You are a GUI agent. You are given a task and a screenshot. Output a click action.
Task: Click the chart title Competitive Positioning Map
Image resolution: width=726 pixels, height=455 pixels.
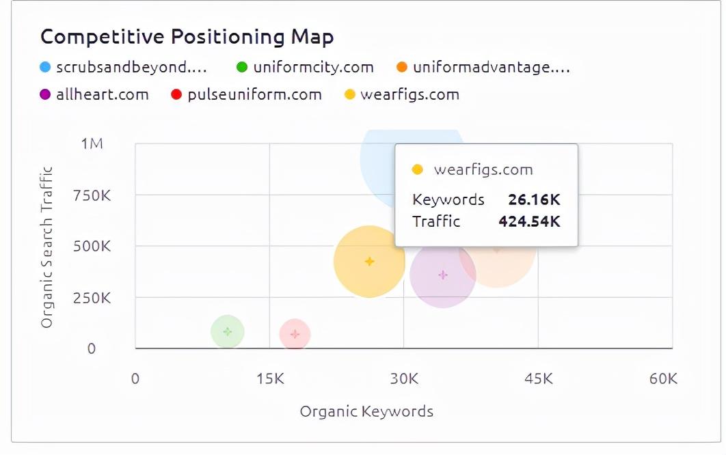pyautogui.click(x=187, y=36)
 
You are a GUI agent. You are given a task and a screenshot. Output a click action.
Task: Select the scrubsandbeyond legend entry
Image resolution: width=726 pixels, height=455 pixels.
pyautogui.click(x=123, y=67)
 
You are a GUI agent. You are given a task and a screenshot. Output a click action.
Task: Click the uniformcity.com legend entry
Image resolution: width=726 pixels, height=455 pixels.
pyautogui.click(x=305, y=67)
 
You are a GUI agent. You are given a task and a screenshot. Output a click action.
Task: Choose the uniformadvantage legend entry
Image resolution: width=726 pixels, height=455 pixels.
pyautogui.click(x=483, y=67)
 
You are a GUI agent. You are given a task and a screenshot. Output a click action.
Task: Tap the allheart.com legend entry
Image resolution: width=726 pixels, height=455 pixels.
pyautogui.click(x=94, y=94)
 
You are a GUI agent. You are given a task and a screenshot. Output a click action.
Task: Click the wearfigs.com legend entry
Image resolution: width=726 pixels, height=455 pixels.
pyautogui.click(x=401, y=94)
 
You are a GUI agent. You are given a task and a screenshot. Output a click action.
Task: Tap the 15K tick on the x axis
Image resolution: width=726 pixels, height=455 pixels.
pyautogui.click(x=269, y=378)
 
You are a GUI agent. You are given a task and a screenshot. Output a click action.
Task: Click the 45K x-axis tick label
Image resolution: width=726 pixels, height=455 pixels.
pyautogui.click(x=538, y=378)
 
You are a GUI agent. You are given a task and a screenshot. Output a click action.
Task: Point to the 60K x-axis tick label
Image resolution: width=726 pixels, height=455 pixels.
pyautogui.click(x=662, y=378)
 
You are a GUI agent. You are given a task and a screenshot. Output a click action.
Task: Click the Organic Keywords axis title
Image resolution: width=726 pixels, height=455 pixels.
pyautogui.click(x=366, y=411)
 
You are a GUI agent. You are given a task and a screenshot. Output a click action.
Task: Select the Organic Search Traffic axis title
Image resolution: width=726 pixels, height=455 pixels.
pyautogui.click(x=46, y=246)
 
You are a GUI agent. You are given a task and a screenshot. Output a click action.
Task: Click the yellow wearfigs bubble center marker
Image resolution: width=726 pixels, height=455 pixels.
pyautogui.click(x=370, y=261)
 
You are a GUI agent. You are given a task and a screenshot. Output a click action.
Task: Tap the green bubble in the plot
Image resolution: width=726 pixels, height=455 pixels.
pyautogui.click(x=228, y=332)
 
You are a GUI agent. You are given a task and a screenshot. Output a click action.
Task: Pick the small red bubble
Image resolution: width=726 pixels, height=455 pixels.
pyautogui.click(x=295, y=334)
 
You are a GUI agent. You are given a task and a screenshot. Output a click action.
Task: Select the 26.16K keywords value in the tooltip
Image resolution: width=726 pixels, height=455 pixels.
pyautogui.click(x=534, y=199)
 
